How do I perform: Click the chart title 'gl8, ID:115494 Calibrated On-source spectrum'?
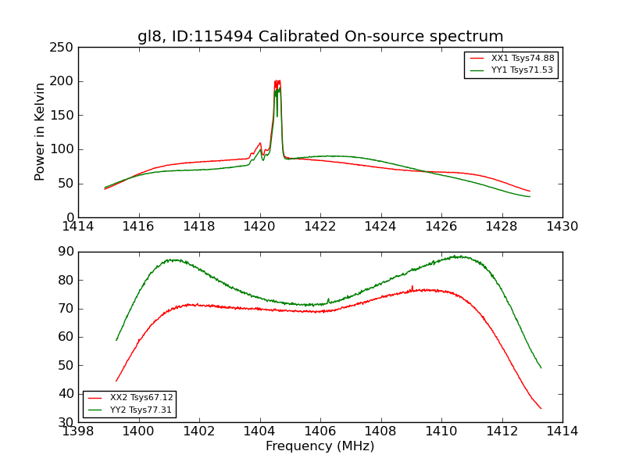(320, 37)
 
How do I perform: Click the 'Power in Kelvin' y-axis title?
(41, 132)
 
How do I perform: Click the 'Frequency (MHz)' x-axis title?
(320, 446)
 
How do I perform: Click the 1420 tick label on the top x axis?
(259, 227)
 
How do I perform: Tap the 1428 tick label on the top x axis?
(502, 227)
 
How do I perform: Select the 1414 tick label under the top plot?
(78, 227)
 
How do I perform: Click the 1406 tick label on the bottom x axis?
(320, 431)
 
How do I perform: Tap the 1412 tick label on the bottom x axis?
(502, 431)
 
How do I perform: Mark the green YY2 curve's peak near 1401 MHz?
(172, 260)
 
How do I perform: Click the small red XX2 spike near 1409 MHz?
(412, 286)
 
